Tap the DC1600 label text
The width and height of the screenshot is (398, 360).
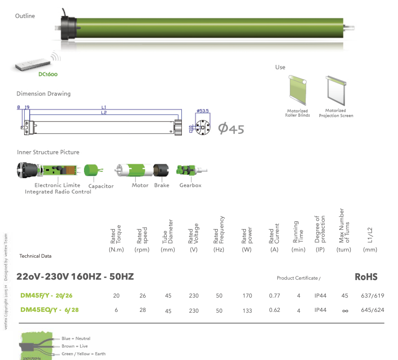coord(48,75)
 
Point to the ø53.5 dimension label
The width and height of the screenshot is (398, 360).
coord(203,110)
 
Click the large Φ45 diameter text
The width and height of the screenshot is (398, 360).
coord(231,129)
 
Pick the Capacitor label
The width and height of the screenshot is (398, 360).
coord(101,186)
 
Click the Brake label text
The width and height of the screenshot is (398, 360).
coord(161,186)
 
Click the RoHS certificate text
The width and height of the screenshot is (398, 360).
coord(366,277)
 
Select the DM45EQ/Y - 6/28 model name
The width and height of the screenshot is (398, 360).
coord(49,310)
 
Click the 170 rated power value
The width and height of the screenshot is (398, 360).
coord(247,296)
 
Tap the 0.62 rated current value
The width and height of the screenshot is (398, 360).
coord(274,310)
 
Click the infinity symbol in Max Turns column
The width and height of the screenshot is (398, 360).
coord(345,311)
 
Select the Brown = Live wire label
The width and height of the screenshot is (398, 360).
coord(74,346)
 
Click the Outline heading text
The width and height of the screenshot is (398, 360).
coord(25,16)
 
